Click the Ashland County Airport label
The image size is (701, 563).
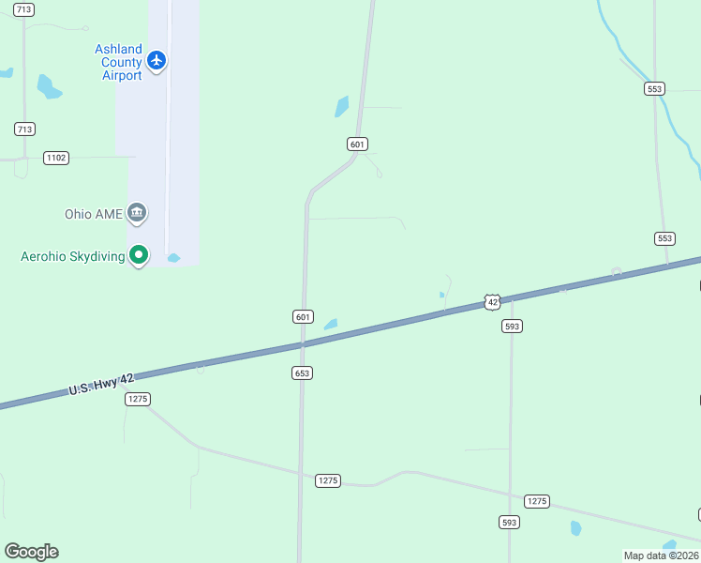tap(118, 62)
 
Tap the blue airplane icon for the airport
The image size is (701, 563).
tap(157, 61)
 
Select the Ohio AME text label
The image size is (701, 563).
tap(94, 214)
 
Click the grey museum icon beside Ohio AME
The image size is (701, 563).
tap(137, 213)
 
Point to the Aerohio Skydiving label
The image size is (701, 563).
tap(73, 256)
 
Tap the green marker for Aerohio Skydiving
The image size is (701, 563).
tap(139, 254)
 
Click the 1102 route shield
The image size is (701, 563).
tap(56, 158)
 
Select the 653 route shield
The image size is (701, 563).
tap(302, 373)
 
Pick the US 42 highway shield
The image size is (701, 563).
tap(493, 301)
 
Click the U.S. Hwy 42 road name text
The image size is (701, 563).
tap(101, 384)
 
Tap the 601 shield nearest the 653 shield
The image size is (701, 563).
tap(302, 317)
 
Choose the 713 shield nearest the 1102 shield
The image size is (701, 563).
tap(24, 129)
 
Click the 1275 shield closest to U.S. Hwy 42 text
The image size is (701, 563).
tap(138, 399)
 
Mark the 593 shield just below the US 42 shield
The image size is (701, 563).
tap(512, 326)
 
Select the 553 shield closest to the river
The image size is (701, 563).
tap(655, 88)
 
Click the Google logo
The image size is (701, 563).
tap(31, 552)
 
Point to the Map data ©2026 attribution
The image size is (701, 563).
tap(661, 555)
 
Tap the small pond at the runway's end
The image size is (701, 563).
tap(173, 257)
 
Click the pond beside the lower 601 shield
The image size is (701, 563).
tap(330, 325)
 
